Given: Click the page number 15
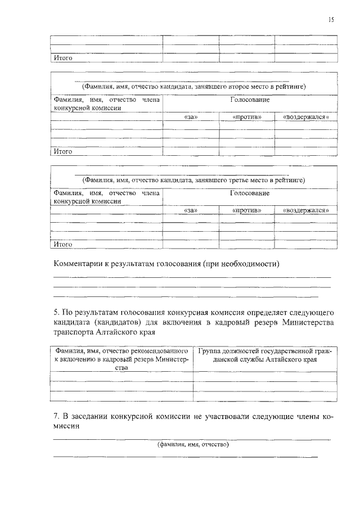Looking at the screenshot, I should coord(331,20).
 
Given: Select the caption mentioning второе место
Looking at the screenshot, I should coord(193,87).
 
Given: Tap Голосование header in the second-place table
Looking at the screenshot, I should coord(250,100).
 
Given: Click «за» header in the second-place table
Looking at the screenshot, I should coord(191,117).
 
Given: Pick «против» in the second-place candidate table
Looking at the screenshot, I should coord(247,117).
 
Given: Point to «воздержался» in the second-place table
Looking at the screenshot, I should coord(306,117).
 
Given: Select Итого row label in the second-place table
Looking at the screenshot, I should coord(62,151).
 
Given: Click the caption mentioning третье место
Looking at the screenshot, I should coord(193,181).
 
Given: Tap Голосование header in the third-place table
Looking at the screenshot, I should coord(250,193).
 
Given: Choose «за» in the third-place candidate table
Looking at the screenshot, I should coord(191,210).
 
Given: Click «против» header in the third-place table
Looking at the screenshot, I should coord(247,210).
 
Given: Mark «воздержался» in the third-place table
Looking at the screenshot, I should coord(306,210).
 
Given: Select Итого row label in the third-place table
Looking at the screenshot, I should coord(62,245).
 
